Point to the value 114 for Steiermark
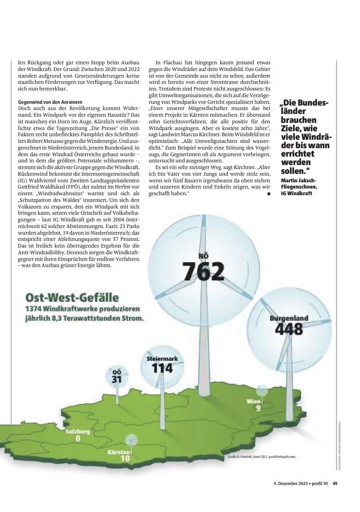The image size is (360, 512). (x=162, y=368)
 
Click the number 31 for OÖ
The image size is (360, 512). (x=117, y=379)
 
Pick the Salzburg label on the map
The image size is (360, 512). (x=78, y=431)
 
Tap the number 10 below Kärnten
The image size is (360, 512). (x=125, y=459)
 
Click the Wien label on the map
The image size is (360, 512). (x=254, y=402)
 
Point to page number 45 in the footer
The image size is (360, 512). (x=336, y=484)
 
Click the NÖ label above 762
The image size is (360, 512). (x=204, y=256)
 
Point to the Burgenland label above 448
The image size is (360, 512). (x=289, y=319)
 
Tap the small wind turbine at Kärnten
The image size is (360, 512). (x=131, y=441)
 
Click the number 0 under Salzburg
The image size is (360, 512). (x=78, y=439)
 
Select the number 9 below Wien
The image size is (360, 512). (x=258, y=409)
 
